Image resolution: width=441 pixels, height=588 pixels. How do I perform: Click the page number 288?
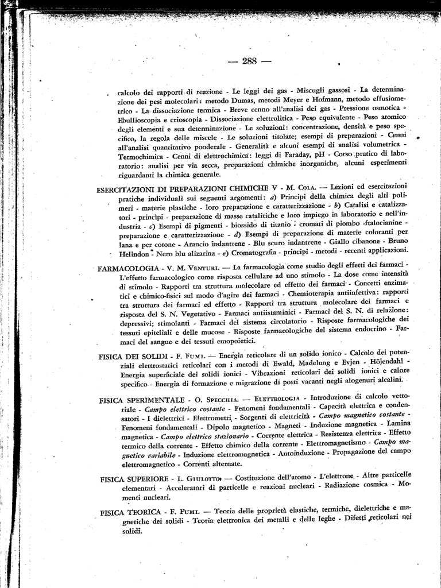(x=249, y=61)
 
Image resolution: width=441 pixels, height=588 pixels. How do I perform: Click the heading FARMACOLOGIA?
(x=128, y=269)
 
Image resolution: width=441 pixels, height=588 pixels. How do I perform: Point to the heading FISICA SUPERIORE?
(x=134, y=478)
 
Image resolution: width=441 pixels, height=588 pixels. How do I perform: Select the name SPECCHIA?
(x=227, y=400)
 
